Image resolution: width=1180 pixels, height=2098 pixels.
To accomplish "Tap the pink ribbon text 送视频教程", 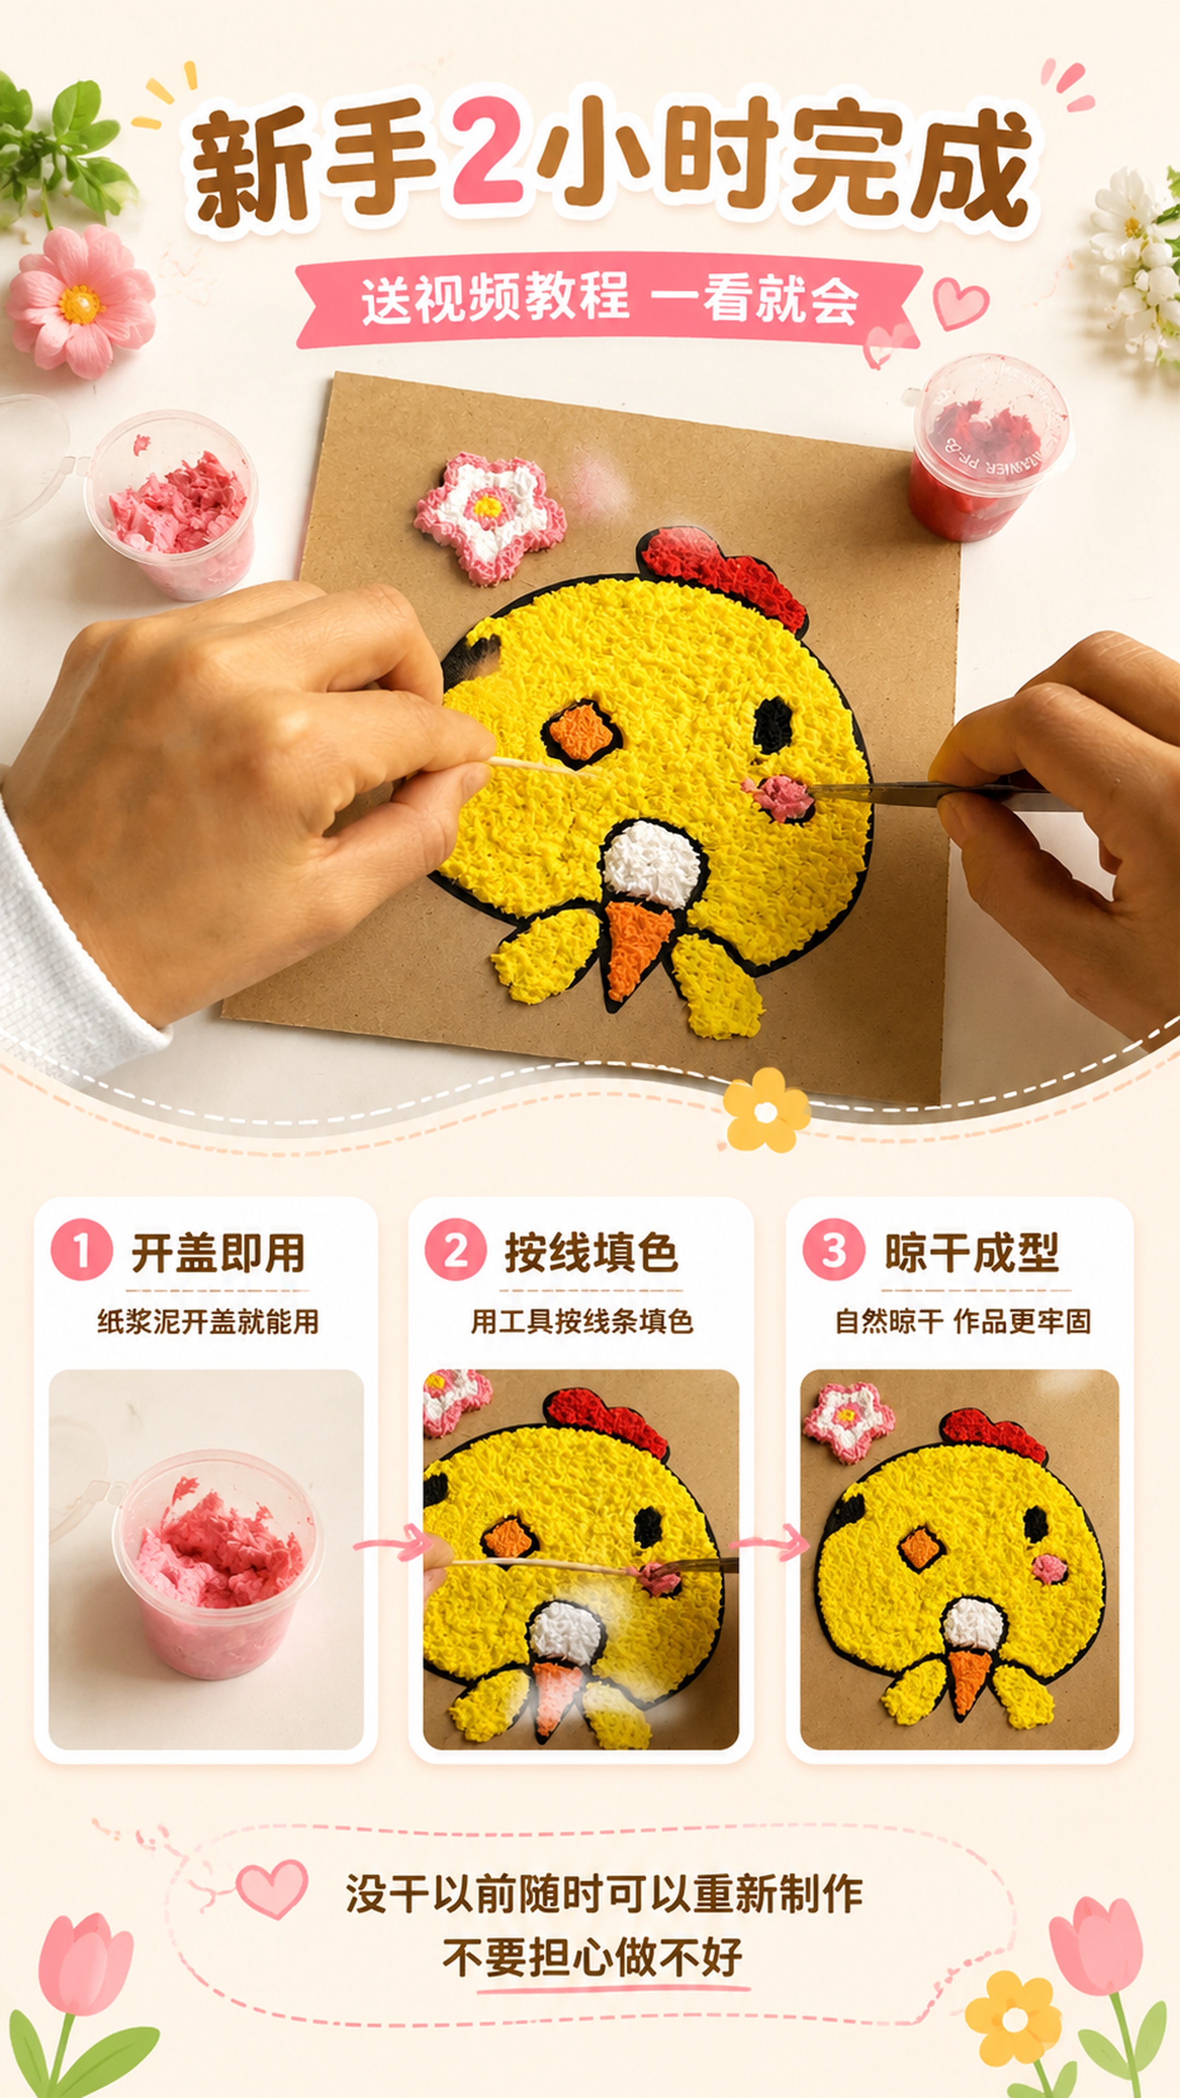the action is (495, 299).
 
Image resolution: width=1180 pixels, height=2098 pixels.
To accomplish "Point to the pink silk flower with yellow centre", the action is (81, 302).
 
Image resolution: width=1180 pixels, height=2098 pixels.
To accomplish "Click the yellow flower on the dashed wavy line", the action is (765, 1110).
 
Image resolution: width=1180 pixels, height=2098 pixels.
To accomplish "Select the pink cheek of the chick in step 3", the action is (1049, 1569).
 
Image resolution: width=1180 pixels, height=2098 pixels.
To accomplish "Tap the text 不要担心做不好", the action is (592, 1957).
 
